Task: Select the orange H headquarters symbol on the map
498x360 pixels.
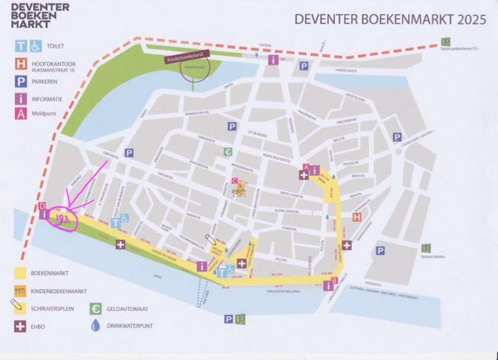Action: point(357,217)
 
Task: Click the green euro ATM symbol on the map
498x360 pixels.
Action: point(228,152)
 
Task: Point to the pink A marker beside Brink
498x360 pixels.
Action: point(305,167)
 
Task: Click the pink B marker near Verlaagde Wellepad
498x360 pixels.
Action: point(334,280)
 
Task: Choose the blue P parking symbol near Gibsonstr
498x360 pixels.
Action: point(129,153)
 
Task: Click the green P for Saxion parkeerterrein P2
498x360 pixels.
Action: point(445,42)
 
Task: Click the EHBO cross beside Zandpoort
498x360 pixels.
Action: point(346,245)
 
